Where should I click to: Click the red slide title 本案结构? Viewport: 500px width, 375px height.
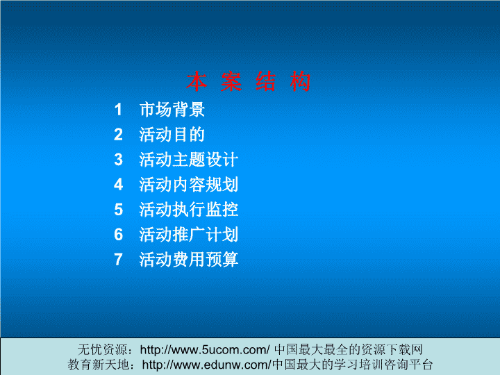pos(249,82)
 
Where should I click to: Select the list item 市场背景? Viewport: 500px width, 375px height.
pos(172,110)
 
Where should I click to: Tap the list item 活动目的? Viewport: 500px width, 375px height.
pos(172,135)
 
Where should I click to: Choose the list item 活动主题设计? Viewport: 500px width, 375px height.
pos(188,160)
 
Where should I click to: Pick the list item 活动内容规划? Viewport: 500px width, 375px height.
pos(188,185)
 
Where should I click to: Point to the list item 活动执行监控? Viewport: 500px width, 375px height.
pos(188,210)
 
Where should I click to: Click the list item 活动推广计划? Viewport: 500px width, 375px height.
pos(188,235)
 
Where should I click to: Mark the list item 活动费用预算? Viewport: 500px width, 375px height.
pos(188,260)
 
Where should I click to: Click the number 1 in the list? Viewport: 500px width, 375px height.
pos(118,110)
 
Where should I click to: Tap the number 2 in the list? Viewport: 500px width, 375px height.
pos(118,135)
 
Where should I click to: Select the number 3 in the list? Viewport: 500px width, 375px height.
pos(118,160)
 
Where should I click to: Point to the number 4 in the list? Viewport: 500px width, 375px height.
pos(118,185)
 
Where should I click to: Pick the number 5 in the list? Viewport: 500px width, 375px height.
pos(118,210)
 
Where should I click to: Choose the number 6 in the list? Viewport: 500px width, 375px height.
pos(118,235)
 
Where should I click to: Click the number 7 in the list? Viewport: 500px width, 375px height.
pos(118,260)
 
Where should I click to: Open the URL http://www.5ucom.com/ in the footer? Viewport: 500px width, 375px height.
pos(205,350)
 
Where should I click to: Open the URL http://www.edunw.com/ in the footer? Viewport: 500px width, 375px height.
pos(207,365)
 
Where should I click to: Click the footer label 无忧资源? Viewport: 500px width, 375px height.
pos(102,350)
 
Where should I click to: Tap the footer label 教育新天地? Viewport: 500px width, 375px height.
pos(98,365)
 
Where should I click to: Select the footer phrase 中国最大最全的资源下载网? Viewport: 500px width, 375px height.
pos(348,350)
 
